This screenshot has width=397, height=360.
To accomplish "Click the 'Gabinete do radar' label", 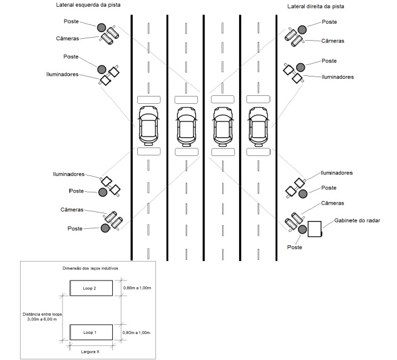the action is point(357,220).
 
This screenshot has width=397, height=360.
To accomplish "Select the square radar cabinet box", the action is point(314,229).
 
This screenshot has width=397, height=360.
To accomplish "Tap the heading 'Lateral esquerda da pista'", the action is point(88,5).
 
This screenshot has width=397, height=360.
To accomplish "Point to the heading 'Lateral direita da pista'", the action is point(316,7).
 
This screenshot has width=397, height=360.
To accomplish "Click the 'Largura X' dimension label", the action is point(90,352).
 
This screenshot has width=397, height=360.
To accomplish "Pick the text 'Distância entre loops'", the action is point(42,314).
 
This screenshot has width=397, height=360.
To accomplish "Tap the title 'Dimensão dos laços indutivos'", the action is point(90,268).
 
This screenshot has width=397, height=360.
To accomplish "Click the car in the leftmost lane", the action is point(149,126).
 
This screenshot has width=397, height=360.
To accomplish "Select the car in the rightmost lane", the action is point(258,127).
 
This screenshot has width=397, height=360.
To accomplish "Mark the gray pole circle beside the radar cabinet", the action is point(302,229).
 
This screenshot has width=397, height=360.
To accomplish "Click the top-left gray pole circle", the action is point(101,27).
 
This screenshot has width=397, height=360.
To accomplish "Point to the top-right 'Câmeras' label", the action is point(333,41).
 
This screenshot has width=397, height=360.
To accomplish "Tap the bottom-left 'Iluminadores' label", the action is point(69,174).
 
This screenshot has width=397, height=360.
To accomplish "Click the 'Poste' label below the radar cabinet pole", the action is point(294,247).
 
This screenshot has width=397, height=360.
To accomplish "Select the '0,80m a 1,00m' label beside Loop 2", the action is point(137,288).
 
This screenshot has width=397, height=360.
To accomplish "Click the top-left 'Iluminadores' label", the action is point(63,75).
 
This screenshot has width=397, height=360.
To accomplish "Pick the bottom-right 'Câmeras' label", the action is point(333,203).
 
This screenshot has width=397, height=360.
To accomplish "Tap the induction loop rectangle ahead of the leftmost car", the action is point(149,100).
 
